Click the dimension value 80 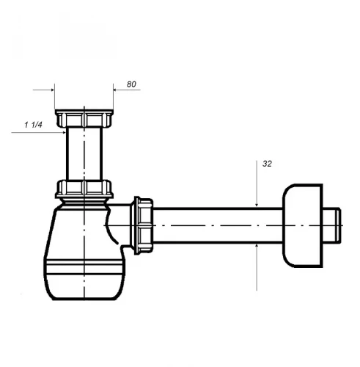pyautogui.click(x=131, y=84)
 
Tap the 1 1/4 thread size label pyautogui.click(x=33, y=125)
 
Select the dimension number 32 pyautogui.click(x=267, y=164)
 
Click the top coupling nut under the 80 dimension pyautogui.click(x=84, y=118)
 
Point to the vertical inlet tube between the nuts pyautogui.click(x=84, y=153)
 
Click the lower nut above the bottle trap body pyautogui.click(x=84, y=189)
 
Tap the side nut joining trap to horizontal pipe pyautogui.click(x=142, y=225)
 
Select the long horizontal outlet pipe pyautogui.click(x=218, y=225)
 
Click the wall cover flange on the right pyautogui.click(x=303, y=225)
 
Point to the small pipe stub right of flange pyautogui.click(x=331, y=225)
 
